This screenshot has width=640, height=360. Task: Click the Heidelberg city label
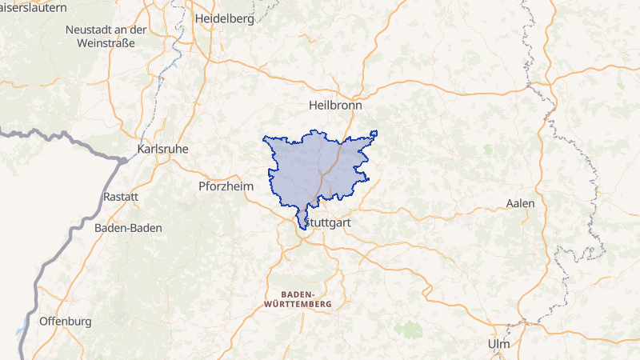click(225, 17)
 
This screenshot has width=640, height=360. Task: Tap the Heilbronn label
click(336, 105)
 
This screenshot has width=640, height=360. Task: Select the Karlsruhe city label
click(163, 149)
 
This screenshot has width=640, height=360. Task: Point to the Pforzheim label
click(226, 186)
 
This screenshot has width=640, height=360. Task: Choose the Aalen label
click(520, 203)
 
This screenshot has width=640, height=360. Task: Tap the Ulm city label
click(498, 343)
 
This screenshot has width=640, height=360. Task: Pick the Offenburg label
click(65, 321)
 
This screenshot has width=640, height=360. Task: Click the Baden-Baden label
click(128, 227)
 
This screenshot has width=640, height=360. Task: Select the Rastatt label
click(121, 196)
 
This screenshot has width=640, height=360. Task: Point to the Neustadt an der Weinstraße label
click(106, 35)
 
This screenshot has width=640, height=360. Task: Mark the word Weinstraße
click(106, 42)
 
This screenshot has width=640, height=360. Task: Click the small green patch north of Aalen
click(488, 149)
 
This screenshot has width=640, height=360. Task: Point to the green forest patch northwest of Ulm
click(410, 328)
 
